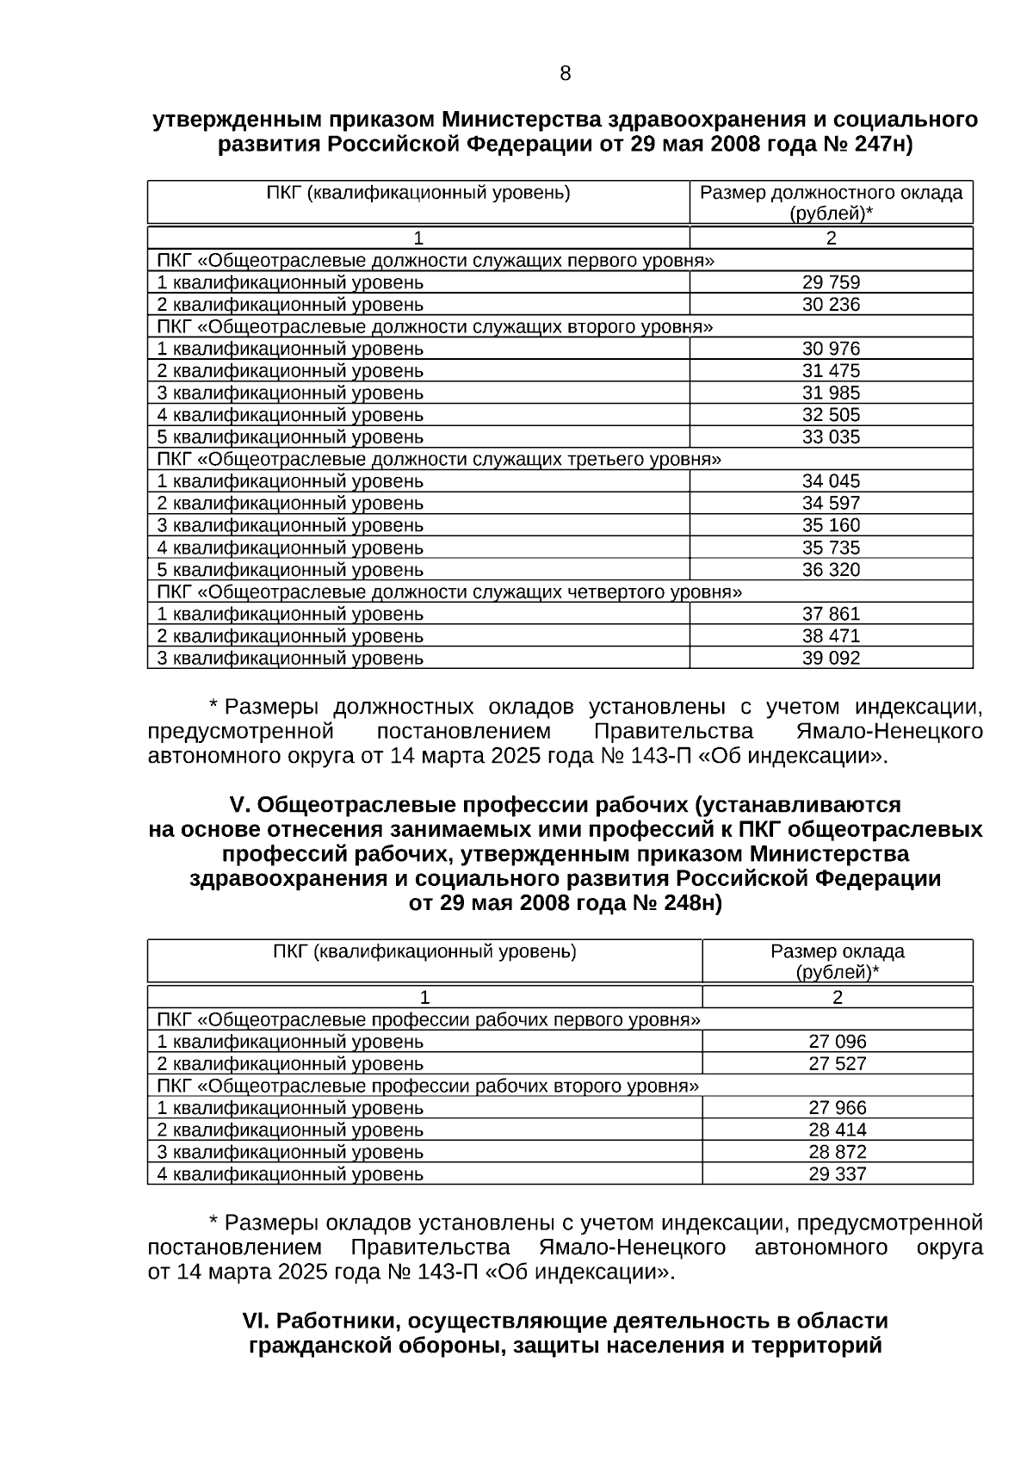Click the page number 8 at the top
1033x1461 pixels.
pyautogui.click(x=565, y=74)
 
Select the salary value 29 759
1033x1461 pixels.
pyautogui.click(x=831, y=282)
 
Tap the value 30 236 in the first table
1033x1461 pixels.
pyautogui.click(x=831, y=305)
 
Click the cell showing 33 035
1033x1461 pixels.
pyautogui.click(x=831, y=437)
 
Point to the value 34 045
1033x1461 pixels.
pyautogui.click(x=831, y=481)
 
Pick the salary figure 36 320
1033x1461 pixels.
pyautogui.click(x=831, y=570)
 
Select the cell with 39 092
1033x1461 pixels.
pyautogui.click(x=831, y=659)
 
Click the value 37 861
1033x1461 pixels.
pyautogui.click(x=831, y=614)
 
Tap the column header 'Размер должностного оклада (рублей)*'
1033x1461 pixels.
pyautogui.click(x=831, y=202)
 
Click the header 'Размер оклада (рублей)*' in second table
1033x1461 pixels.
pyautogui.click(x=837, y=962)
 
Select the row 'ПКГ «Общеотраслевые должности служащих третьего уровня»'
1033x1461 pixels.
pyautogui.click(x=438, y=459)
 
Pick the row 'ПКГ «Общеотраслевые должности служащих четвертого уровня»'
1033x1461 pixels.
pyautogui.click(x=448, y=592)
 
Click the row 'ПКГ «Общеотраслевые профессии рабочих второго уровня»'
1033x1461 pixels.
pyautogui.click(x=428, y=1086)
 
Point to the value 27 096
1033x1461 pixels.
pyautogui.click(x=837, y=1042)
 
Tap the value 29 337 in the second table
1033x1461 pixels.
pyautogui.click(x=837, y=1174)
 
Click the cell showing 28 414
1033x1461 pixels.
pyautogui.click(x=837, y=1130)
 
